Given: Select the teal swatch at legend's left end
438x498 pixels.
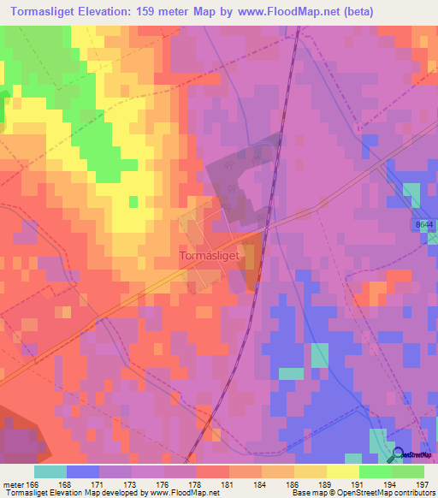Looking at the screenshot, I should coord(50,471).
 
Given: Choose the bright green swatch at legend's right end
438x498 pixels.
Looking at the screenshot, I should coord(408,471).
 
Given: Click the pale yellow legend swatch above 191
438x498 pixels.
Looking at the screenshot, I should coord(343,471).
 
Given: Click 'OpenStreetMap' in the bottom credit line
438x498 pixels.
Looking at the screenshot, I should coord(388,493).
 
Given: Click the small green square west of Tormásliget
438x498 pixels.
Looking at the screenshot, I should coord(133,201).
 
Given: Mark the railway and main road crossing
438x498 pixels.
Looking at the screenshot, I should coord(266,228).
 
